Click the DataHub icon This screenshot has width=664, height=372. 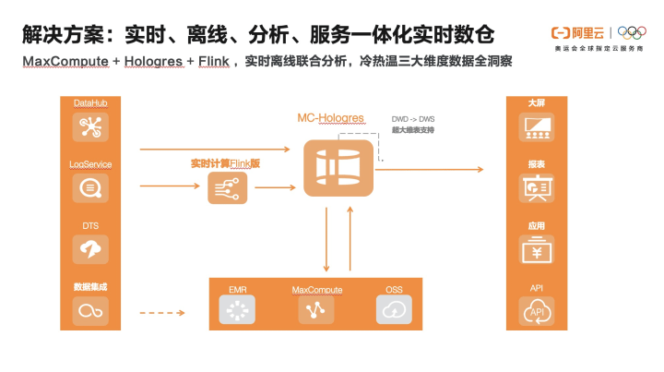click(90, 126)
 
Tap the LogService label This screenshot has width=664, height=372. click(90, 164)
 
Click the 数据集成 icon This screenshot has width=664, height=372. click(90, 310)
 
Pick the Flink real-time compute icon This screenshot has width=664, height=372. click(226, 188)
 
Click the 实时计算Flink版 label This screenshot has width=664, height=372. click(226, 162)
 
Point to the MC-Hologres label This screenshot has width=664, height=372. click(331, 118)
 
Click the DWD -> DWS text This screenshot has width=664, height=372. click(412, 119)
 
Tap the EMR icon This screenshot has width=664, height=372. click(238, 311)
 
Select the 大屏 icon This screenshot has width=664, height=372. click(537, 126)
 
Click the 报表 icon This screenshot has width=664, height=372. click(537, 188)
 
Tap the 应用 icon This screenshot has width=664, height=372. click(537, 249)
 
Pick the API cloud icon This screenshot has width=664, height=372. click(537, 312)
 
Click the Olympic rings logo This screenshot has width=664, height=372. click(633, 33)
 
